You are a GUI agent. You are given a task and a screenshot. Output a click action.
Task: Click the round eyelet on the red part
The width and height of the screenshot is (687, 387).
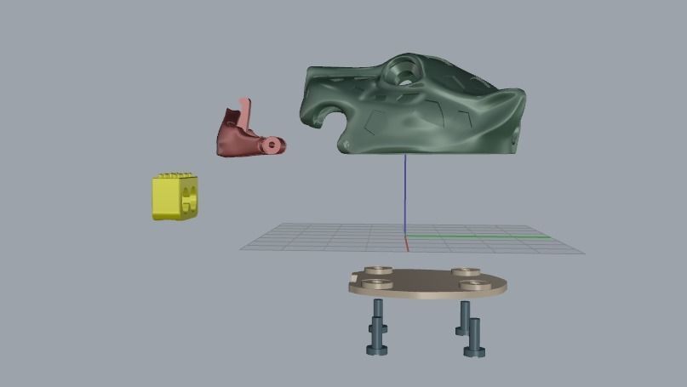pyautogui.click(x=272, y=145)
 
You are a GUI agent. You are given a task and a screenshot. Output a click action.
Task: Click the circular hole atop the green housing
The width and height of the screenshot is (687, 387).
pyautogui.click(x=406, y=73)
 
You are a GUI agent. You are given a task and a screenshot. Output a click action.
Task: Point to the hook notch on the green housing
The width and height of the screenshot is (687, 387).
pyautogui.click(x=328, y=119)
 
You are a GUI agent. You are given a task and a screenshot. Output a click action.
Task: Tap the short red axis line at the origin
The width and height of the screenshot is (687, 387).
pyautogui.click(x=407, y=245)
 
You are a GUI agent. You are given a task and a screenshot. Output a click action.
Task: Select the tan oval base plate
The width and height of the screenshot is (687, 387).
pyautogui.click(x=426, y=283)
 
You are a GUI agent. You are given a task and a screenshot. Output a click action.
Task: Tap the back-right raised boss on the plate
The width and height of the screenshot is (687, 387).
pyautogui.click(x=464, y=272)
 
